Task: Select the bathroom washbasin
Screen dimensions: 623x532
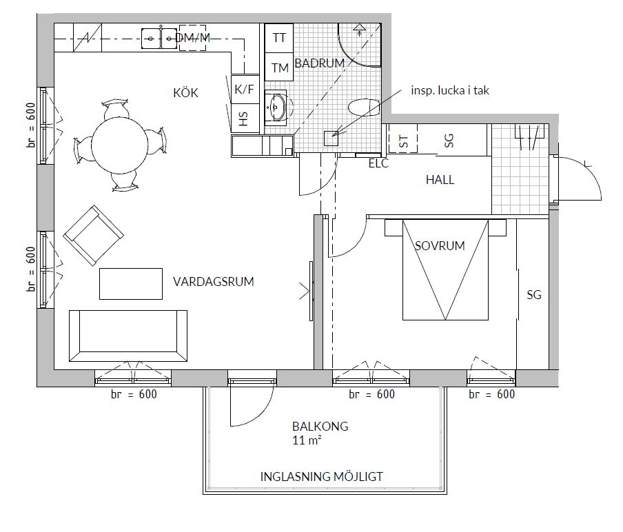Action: click(x=276, y=107)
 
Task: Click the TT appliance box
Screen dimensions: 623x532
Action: click(x=279, y=38)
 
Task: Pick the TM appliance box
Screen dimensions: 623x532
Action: click(x=279, y=67)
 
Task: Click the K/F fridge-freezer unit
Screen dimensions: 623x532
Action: click(x=244, y=90)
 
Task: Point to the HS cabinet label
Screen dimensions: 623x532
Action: click(x=243, y=119)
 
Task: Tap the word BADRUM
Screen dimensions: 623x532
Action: click(x=319, y=63)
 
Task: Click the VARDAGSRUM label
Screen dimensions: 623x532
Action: click(x=214, y=282)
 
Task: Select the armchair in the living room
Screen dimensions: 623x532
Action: click(x=93, y=235)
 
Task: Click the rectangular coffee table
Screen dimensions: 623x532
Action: click(x=131, y=284)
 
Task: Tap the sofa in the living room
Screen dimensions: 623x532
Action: click(x=128, y=336)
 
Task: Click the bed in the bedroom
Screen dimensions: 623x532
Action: click(x=445, y=269)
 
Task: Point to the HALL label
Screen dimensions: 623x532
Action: click(x=440, y=180)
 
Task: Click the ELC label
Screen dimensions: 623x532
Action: click(x=378, y=163)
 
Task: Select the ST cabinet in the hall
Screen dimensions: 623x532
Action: click(x=403, y=139)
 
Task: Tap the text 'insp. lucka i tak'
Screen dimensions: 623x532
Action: click(x=450, y=90)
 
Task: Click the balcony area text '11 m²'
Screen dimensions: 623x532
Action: click(x=307, y=440)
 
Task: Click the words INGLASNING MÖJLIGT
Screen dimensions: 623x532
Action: click(x=321, y=476)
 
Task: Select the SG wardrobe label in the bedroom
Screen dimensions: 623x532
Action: click(x=534, y=295)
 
